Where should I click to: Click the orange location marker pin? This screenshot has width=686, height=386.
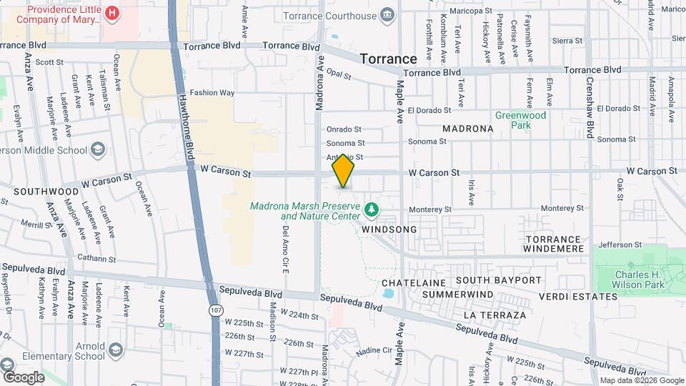point(344,172)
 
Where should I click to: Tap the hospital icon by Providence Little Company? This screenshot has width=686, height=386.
point(111,13)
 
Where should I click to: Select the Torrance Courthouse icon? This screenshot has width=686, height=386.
point(387,14)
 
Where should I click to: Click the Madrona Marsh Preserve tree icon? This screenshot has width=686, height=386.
point(370,209)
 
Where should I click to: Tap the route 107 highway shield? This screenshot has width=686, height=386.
point(215,311)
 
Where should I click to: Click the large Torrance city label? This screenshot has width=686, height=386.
point(388,59)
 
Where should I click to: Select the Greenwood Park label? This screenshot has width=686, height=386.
point(521,120)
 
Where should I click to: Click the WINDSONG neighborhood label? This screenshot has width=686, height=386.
point(389,229)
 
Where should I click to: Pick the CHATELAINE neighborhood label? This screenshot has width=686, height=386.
point(409,283)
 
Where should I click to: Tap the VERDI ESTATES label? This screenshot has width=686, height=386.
point(578,296)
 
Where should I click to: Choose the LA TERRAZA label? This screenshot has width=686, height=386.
point(494,315)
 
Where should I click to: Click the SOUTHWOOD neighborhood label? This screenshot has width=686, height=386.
point(46,192)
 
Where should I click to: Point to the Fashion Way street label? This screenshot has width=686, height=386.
point(212,92)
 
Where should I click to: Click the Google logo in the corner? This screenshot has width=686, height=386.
point(23,377)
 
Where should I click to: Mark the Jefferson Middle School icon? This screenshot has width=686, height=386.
point(97,150)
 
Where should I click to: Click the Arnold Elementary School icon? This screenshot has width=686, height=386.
point(116,350)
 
